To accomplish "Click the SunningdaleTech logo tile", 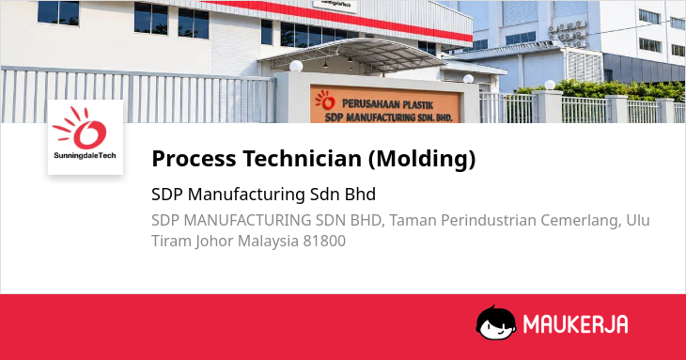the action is coord(86,137).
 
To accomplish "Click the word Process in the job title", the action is coord(194,158).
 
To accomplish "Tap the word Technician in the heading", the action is coord(303,158).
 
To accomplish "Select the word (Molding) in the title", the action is coord(422,159).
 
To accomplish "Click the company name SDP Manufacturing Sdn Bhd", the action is coord(263,195).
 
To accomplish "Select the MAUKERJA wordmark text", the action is coord(576,324).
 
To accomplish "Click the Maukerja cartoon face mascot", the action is coord(495,322).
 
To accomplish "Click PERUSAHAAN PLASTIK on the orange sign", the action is coord(387,104).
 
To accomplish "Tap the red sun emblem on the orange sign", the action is coord(325,101).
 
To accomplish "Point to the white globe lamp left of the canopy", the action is coord(296,66).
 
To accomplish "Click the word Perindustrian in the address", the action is coord(489,221).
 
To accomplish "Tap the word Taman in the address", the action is coord(413,221).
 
